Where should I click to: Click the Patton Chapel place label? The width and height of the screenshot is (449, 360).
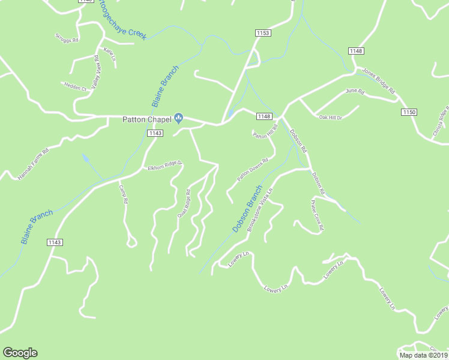[146, 119]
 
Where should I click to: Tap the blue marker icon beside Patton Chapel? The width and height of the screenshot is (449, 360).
[178, 118]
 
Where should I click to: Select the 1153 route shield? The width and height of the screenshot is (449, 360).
[264, 33]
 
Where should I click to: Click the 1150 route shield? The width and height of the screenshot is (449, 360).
[409, 112]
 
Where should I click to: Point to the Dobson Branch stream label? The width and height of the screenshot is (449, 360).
[247, 209]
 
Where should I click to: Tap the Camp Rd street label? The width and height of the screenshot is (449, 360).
[123, 194]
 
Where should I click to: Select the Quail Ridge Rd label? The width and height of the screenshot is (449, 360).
[183, 203]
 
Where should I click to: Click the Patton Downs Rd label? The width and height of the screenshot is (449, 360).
[252, 170]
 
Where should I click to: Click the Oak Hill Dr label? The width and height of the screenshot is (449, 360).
[330, 118]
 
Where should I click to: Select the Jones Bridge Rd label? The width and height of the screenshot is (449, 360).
[379, 81]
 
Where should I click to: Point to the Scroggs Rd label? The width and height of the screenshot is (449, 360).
[67, 38]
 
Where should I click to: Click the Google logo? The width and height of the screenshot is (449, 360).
[20, 353]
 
